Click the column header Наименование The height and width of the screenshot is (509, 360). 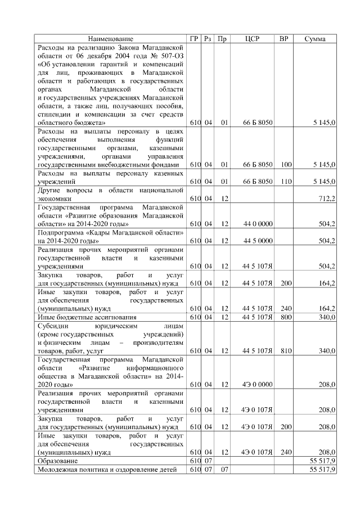coord(111,39)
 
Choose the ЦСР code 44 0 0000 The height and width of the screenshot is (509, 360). coord(258,223)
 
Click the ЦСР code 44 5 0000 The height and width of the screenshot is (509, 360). coord(258,241)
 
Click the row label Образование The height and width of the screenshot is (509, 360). coord(58,460)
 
